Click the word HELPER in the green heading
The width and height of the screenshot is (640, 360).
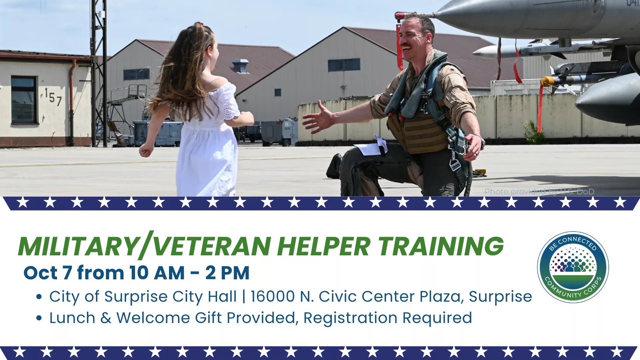(x=323, y=246)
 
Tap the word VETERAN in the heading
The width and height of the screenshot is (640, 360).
(x=212, y=246)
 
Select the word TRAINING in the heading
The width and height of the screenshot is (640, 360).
(x=441, y=246)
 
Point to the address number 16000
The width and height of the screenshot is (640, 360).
(x=273, y=296)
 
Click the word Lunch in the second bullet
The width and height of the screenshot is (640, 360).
(x=72, y=318)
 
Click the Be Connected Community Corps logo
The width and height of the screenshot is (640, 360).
(x=573, y=267)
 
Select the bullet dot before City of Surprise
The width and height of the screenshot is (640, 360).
(x=39, y=297)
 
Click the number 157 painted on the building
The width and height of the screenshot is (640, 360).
(x=53, y=97)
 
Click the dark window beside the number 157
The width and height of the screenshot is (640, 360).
(x=24, y=100)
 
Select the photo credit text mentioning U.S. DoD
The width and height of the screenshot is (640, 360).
(x=539, y=192)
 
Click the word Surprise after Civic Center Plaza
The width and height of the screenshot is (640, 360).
(x=500, y=297)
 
